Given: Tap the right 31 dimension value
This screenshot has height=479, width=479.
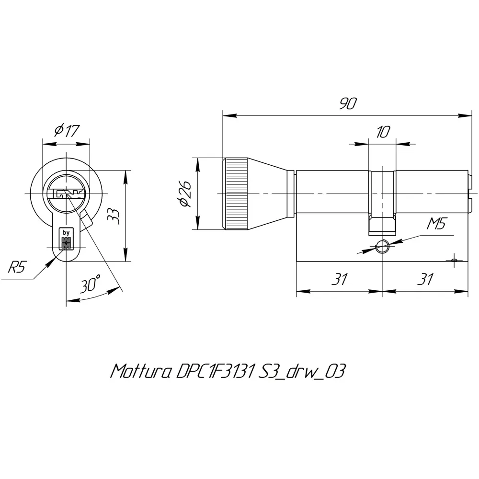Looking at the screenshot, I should coord(425,279).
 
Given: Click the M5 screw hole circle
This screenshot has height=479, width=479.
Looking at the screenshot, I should coord(382,247).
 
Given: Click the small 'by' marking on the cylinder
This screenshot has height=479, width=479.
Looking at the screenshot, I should coord(66,233).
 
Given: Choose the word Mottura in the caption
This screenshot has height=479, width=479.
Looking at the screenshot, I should coord(139,371).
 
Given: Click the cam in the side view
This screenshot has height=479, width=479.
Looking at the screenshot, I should coord(382,225).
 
